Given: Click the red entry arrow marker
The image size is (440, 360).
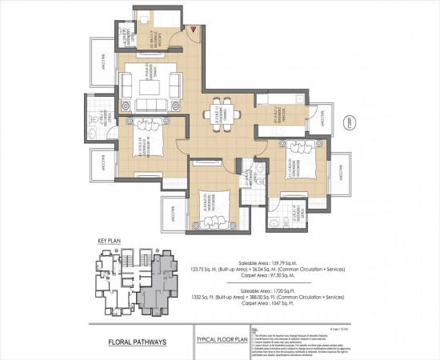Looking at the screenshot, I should click(193, 29).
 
